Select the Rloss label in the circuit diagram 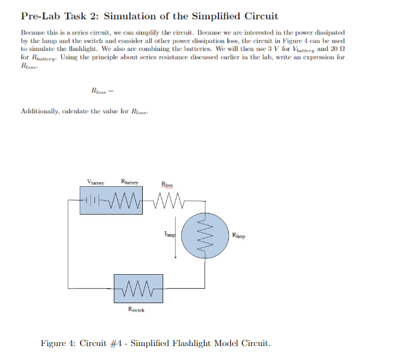(x=167, y=185)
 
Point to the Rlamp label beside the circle (x=239, y=234)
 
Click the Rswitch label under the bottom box (x=136, y=310)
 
